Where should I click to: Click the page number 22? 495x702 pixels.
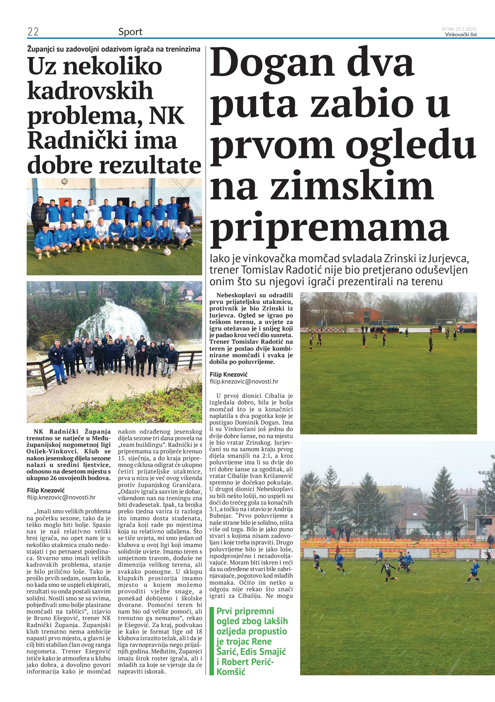(x=33, y=32)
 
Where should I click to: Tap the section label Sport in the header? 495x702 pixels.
(x=130, y=32)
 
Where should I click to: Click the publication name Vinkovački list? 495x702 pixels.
(x=461, y=35)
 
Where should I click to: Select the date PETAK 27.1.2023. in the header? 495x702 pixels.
(x=459, y=29)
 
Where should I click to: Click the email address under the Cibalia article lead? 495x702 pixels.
(x=244, y=381)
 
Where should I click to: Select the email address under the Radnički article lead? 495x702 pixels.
(x=61, y=497)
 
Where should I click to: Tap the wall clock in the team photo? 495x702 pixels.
(x=65, y=181)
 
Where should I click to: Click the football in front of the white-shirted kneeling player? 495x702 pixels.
(x=167, y=252)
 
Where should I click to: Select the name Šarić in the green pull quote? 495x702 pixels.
(x=227, y=652)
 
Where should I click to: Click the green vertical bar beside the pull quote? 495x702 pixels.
(x=211, y=640)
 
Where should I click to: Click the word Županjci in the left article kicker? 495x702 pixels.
(x=41, y=49)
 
